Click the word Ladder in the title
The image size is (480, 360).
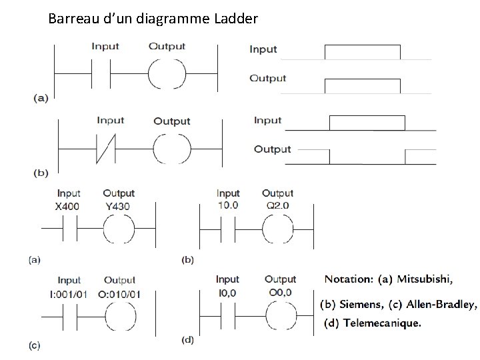point(236,19)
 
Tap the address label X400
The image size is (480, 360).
point(67,206)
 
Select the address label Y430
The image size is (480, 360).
point(118,206)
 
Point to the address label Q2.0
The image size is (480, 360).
point(277,205)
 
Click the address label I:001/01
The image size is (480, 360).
point(69,294)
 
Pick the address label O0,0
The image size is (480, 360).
point(280,292)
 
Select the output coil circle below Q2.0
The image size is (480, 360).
point(277,229)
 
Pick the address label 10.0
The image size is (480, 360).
point(228,205)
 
